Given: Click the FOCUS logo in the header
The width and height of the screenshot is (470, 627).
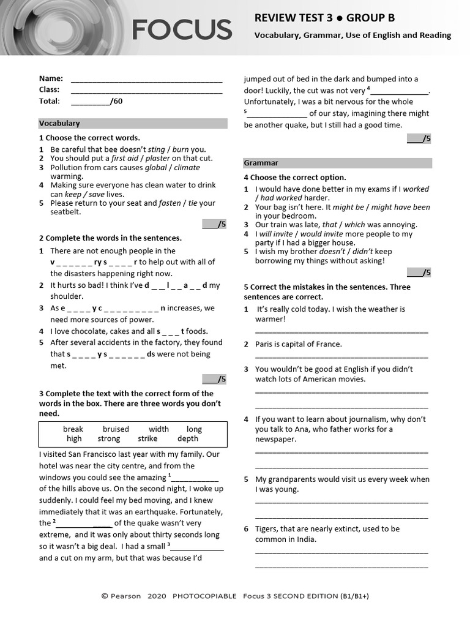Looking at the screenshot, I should tap(182, 29).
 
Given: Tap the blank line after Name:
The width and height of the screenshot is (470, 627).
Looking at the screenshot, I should tap(146, 79).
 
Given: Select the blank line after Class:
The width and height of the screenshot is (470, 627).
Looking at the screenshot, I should tap(146, 90).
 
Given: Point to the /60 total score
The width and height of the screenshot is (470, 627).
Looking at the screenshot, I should tap(116, 102).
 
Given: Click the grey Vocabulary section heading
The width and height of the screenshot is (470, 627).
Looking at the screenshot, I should tap(133, 123).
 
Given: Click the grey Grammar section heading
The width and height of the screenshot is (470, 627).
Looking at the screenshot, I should tap(337, 163).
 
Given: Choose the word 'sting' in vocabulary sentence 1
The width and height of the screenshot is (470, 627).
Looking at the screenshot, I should tap(157, 149).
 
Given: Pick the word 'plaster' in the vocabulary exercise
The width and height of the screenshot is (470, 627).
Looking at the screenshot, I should tap(158, 158).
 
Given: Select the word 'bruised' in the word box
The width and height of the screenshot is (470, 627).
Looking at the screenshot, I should tap(116, 429).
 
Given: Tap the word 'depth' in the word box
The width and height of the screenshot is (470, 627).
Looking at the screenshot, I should tap(188, 438).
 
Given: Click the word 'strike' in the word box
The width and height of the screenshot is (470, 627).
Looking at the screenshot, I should tap(147, 438).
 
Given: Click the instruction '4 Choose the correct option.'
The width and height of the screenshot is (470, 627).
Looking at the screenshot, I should tap(295, 178).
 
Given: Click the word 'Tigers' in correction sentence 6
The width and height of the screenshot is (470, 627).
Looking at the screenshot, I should tap(267, 528).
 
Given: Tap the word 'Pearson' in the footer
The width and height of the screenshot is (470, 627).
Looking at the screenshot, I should tap(125, 596).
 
